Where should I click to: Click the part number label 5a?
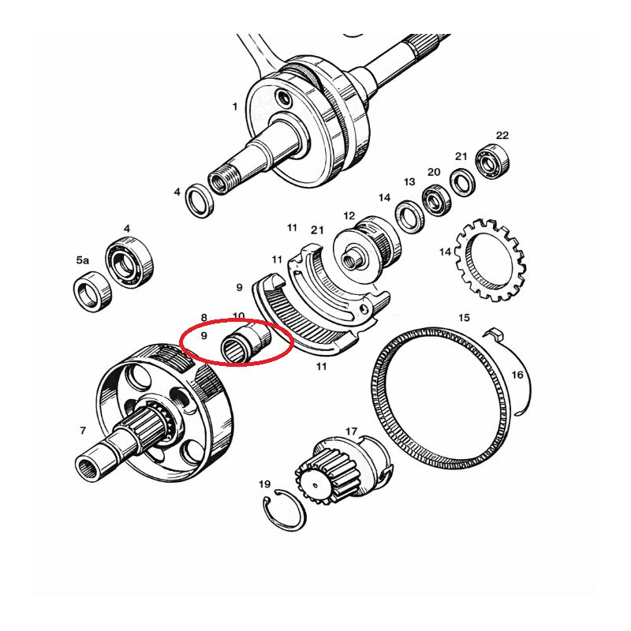pyautogui.click(x=83, y=260)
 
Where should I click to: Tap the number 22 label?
pyautogui.click(x=502, y=135)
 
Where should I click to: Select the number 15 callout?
pyautogui.click(x=464, y=318)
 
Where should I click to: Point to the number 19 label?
pyautogui.click(x=264, y=484)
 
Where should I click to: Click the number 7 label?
pyautogui.click(x=83, y=431)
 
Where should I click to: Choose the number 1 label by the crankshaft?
pyautogui.click(x=234, y=107)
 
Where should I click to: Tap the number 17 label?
pyautogui.click(x=351, y=431)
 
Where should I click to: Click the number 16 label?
pyautogui.click(x=517, y=375)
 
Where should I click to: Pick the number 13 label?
pyautogui.click(x=409, y=182)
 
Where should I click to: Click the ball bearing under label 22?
pyautogui.click(x=492, y=162)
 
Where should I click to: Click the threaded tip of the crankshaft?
pyautogui.click(x=223, y=182)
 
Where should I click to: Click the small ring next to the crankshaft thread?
pyautogui.click(x=200, y=200)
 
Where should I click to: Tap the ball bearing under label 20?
pyautogui.click(x=438, y=200)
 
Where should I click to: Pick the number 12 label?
pyautogui.click(x=349, y=215)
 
